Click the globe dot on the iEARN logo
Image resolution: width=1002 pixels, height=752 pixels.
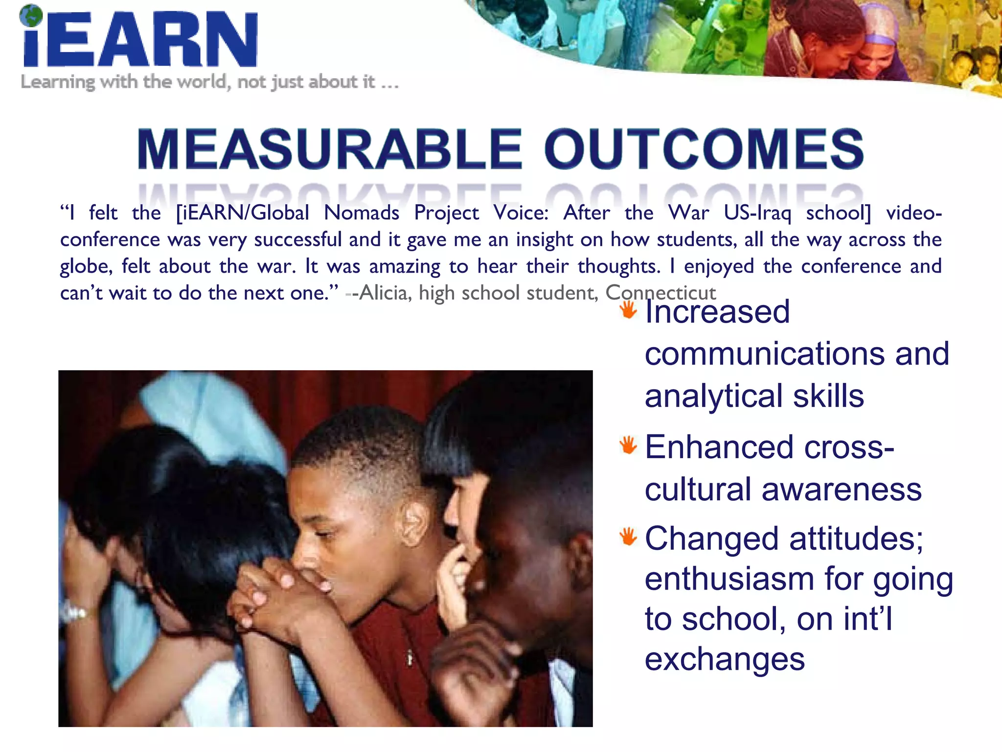pos(31,16)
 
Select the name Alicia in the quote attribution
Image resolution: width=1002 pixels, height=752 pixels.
pos(383,293)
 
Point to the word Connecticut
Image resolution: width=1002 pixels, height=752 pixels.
pos(660,293)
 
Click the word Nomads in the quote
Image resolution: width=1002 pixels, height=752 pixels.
pos(362,213)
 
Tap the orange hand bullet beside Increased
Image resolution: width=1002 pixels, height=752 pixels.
pos(628,310)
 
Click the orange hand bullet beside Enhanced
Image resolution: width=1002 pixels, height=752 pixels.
pos(628,445)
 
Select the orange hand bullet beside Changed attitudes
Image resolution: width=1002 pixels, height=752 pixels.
pos(628,536)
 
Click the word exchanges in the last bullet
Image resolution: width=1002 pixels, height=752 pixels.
pos(725,659)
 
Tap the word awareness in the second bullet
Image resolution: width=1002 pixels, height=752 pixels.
pos(842,489)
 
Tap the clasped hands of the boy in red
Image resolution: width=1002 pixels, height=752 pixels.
pos(267,592)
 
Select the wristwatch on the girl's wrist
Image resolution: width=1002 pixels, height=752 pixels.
pos(73,612)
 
